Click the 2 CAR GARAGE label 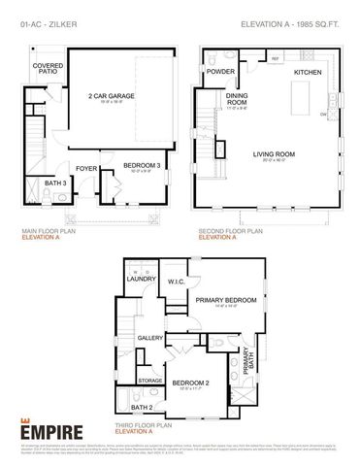click(x=112, y=96)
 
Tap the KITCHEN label click(x=308, y=72)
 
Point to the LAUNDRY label click(x=142, y=280)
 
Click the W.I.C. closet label click(x=176, y=283)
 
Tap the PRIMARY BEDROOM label click(x=225, y=301)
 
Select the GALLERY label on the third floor click(x=149, y=337)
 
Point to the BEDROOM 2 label click(x=190, y=383)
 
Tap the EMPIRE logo click(x=51, y=428)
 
